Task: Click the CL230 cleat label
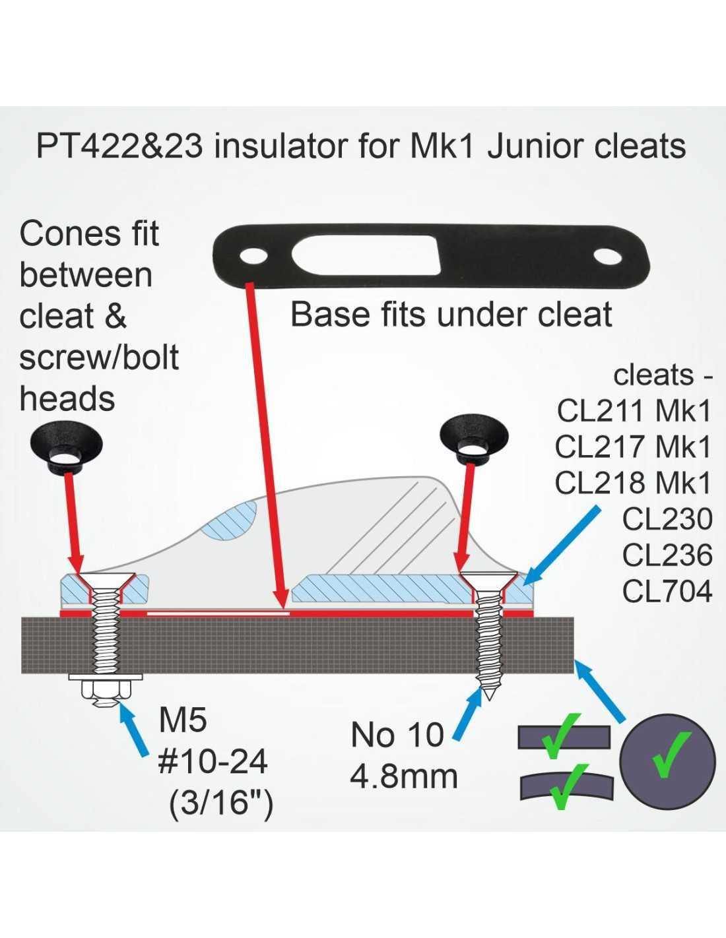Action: [667, 519]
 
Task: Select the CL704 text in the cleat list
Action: [667, 591]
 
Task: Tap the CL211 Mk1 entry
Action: [634, 411]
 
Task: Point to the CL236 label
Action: [667, 555]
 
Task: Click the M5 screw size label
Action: [183, 720]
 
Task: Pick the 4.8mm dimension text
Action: [403, 776]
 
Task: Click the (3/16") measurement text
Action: [221, 803]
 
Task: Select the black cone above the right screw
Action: [474, 435]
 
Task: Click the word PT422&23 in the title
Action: [119, 146]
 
